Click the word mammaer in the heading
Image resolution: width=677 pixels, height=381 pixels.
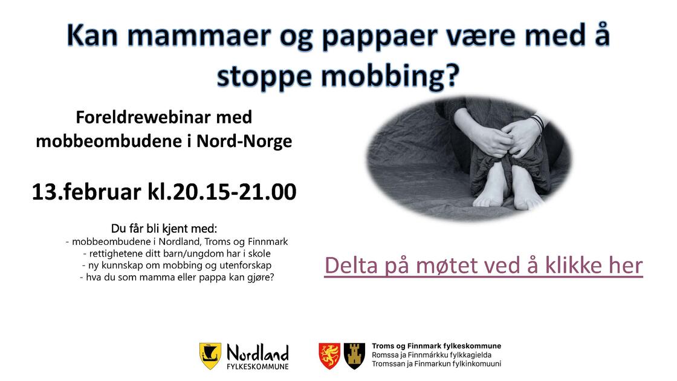[x=199, y=36]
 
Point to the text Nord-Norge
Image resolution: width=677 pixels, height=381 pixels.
[x=244, y=141]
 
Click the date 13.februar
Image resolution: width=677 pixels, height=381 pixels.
[x=86, y=192]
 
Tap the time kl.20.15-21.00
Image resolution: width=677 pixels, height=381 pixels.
[x=222, y=192]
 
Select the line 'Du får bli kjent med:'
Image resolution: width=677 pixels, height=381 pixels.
[x=164, y=229]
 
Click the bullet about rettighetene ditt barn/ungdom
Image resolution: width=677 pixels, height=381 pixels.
[x=177, y=253]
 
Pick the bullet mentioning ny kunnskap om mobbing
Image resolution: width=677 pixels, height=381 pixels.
[x=177, y=265]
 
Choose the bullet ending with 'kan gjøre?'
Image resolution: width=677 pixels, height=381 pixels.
[x=177, y=277]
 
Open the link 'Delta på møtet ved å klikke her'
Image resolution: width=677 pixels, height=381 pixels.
[x=484, y=265]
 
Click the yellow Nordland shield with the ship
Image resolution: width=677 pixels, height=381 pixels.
[x=210, y=356]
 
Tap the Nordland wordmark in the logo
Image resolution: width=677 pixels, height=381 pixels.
[x=258, y=353]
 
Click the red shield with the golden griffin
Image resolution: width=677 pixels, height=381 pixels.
[x=329, y=356]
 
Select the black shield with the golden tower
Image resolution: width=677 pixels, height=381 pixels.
[x=354, y=356]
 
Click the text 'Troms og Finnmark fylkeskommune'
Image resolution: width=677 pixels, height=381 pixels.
[x=436, y=346]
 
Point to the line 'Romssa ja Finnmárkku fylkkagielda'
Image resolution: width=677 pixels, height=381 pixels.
[x=432, y=355]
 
